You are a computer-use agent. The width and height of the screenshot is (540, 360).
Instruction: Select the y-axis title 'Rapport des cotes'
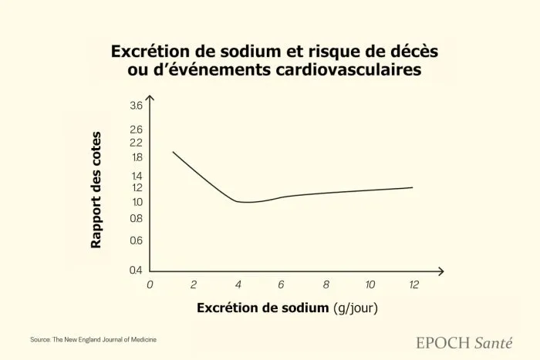click(x=96, y=190)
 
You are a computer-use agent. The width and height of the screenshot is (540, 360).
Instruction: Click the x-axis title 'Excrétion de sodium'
click(x=263, y=308)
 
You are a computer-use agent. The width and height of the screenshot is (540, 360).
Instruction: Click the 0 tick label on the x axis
click(x=150, y=284)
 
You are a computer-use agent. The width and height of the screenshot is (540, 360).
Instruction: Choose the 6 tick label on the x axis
click(x=282, y=284)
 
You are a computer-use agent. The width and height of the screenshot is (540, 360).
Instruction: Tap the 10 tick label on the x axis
click(x=370, y=284)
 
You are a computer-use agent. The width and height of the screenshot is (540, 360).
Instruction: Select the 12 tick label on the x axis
click(x=414, y=284)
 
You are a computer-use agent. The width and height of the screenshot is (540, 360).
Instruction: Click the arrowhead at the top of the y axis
click(x=150, y=99)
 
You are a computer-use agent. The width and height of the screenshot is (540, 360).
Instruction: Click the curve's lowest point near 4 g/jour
click(x=245, y=202)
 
